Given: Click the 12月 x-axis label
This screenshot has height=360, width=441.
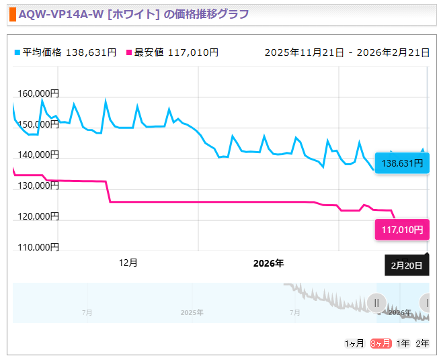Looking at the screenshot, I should point(128,263).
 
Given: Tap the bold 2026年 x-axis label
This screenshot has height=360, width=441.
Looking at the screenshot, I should point(268,263).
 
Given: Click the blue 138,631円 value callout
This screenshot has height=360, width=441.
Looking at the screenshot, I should point(402,163).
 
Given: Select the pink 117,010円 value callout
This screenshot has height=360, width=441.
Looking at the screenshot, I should point(402,230).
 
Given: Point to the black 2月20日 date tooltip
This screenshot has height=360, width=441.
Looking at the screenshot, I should point(407,265).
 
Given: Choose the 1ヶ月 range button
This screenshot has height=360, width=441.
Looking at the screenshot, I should point(354,343).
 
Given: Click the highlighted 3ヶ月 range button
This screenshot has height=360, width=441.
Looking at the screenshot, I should point(381,343).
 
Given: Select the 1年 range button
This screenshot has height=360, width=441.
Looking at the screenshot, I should point(403,343).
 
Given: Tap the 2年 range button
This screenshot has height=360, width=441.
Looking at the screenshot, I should point(422,343).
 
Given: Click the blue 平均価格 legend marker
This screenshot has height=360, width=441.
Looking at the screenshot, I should point(17,52).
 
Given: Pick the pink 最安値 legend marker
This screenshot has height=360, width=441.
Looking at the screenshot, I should point(129,52).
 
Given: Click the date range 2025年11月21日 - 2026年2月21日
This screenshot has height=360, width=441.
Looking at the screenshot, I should point(347,52).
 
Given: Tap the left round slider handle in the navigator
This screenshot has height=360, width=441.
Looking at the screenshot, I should point(376,303).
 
